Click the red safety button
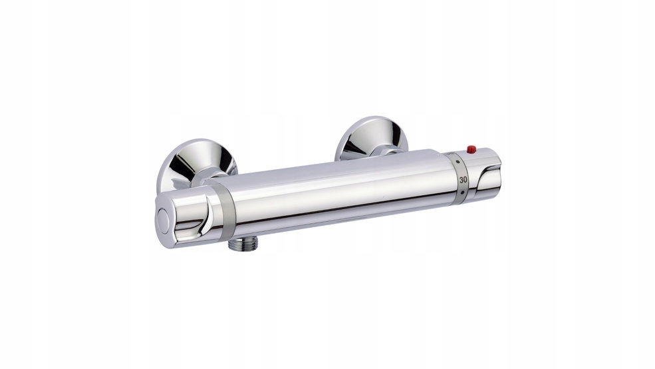471,149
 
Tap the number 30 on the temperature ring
463,180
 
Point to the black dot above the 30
459,161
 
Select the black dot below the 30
462,193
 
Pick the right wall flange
371,138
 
